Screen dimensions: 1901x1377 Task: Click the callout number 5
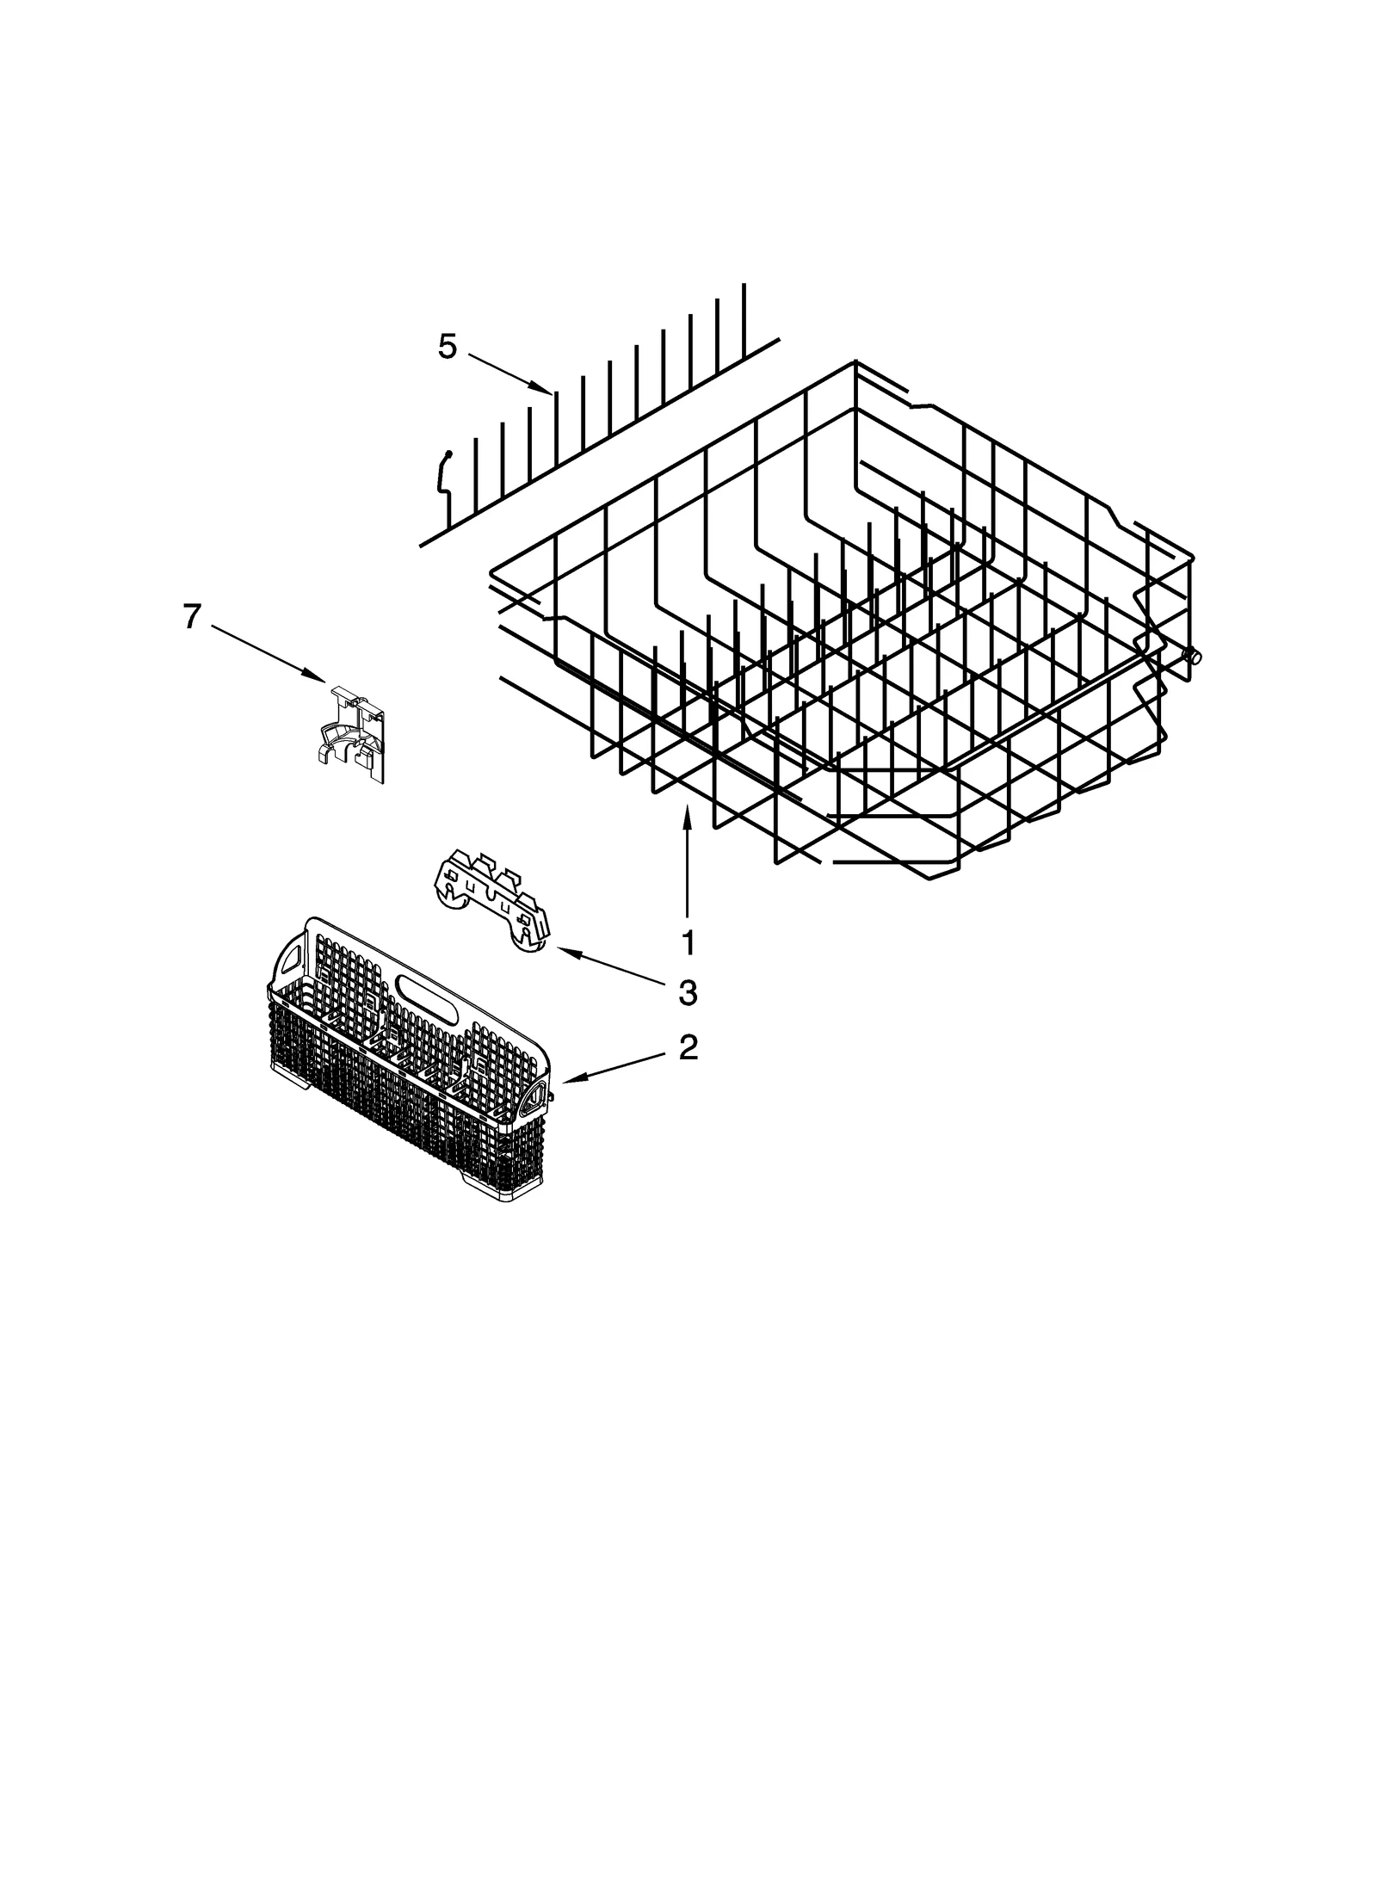(x=447, y=347)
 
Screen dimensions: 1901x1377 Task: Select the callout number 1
(x=687, y=942)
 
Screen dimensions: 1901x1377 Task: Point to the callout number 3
(x=687, y=993)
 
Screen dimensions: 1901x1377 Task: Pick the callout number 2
(x=688, y=1047)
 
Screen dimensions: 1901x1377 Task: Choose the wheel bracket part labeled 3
(x=490, y=899)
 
